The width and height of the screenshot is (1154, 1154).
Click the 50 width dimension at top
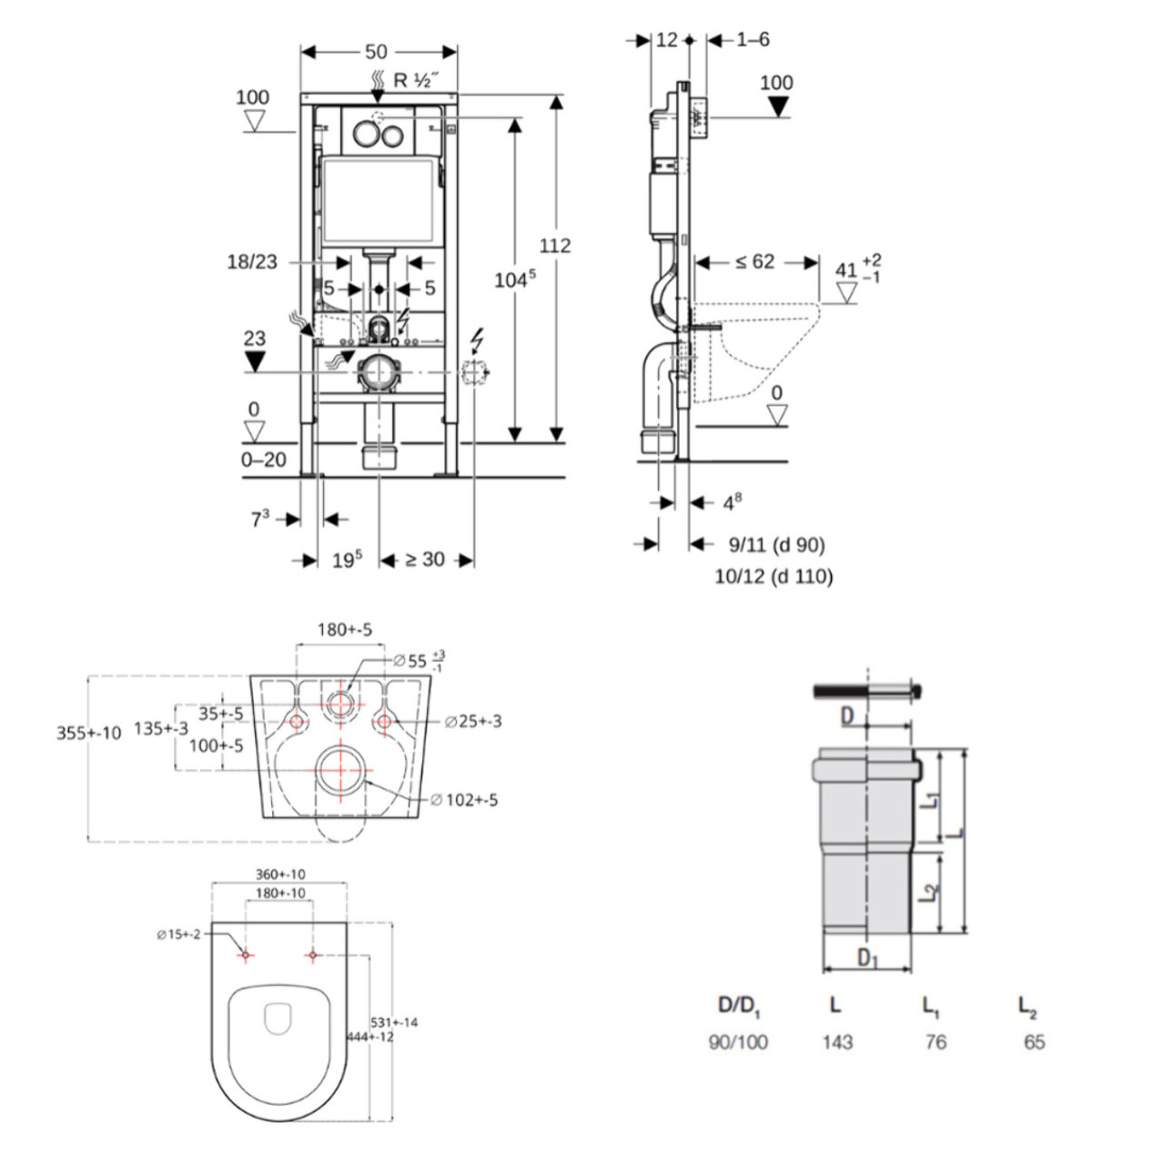click(x=376, y=52)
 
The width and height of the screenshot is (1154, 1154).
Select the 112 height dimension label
click(x=554, y=245)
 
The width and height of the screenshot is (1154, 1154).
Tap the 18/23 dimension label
click(x=252, y=262)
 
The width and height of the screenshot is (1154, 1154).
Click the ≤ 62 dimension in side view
click(x=754, y=262)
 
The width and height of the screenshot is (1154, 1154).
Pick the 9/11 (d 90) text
click(x=776, y=544)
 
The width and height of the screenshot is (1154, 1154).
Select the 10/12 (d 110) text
click(x=774, y=576)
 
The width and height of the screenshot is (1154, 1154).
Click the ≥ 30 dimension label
click(x=424, y=560)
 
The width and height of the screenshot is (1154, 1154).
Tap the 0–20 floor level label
click(x=263, y=460)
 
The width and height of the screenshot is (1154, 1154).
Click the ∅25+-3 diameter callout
click(x=472, y=722)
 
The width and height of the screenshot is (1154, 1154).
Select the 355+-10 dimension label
click(x=88, y=733)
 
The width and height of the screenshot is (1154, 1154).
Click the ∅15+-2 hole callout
click(x=177, y=934)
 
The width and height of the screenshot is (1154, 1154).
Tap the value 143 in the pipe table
click(x=836, y=1042)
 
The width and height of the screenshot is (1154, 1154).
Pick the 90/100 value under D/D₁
click(x=738, y=1042)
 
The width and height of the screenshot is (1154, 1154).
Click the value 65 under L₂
click(x=1034, y=1042)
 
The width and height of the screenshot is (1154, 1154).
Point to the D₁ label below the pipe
click(x=867, y=958)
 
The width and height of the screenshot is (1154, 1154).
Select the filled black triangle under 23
click(x=255, y=361)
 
